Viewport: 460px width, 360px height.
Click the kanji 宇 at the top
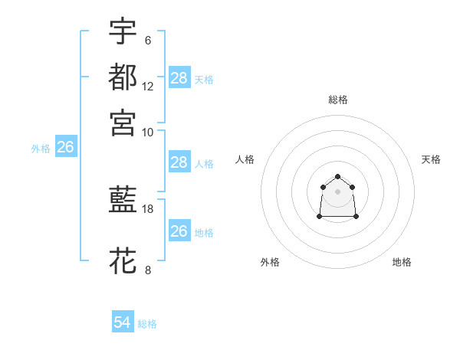click(123, 31)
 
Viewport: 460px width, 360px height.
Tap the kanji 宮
click(123, 122)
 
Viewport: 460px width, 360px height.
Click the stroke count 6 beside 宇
click(147, 40)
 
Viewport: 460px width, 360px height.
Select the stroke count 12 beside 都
click(148, 87)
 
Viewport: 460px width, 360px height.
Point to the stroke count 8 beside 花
click(147, 270)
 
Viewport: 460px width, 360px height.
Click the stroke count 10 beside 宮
click(148, 132)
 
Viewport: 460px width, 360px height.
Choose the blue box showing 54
click(123, 323)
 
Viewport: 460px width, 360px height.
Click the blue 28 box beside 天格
click(179, 78)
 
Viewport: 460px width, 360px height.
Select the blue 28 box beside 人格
click(179, 162)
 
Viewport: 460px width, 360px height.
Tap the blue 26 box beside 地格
click(179, 231)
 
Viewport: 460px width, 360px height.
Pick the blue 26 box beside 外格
click(65, 148)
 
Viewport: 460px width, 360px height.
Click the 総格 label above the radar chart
click(338, 100)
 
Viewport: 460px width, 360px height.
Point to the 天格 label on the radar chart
click(431, 159)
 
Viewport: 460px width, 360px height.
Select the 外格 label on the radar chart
click(270, 262)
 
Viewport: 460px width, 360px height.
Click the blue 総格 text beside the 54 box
click(147, 324)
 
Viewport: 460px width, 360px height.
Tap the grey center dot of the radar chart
click(338, 191)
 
